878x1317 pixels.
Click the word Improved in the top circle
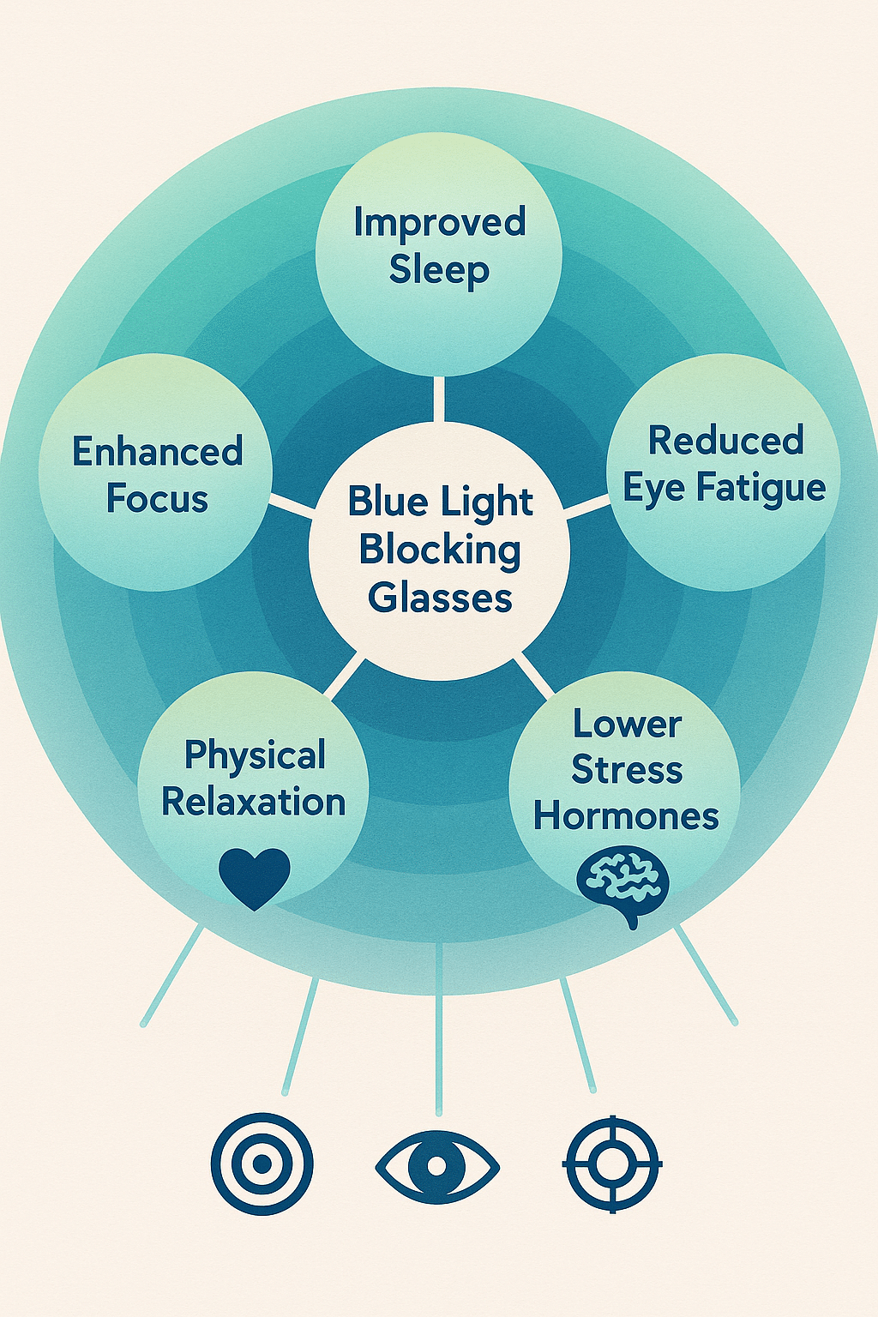[439, 222]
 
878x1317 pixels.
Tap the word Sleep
[439, 269]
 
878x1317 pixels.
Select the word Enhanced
[158, 452]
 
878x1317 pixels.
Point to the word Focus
[158, 499]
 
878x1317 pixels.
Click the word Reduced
[725, 441]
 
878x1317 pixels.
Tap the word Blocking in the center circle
[440, 550]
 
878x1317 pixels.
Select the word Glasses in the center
[440, 598]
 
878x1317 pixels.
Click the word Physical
[255, 755]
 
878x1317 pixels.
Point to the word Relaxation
[254, 803]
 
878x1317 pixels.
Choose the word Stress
[627, 769]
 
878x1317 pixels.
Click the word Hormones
[626, 815]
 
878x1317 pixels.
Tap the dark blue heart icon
[255, 877]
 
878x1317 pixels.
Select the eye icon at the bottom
[437, 1166]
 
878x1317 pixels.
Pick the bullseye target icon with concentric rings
[262, 1164]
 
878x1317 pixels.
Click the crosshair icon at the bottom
[612, 1164]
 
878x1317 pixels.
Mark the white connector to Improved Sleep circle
[439, 399]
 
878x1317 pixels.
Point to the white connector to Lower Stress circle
[533, 676]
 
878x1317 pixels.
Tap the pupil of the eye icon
[437, 1166]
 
